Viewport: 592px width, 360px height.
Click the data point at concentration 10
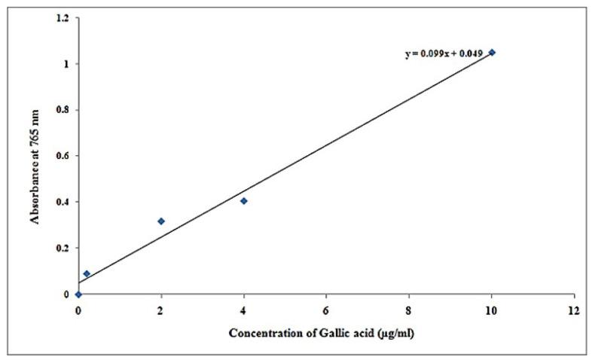pyautogui.click(x=492, y=53)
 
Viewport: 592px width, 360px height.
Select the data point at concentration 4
pyautogui.click(x=243, y=201)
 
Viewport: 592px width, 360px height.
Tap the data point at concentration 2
pyautogui.click(x=161, y=221)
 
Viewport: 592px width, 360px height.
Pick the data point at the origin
pyautogui.click(x=78, y=294)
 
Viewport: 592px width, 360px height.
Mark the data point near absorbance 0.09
pyautogui.click(x=87, y=273)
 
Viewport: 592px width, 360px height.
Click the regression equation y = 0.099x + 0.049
pyautogui.click(x=443, y=54)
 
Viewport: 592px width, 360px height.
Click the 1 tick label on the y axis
pyautogui.click(x=68, y=64)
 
